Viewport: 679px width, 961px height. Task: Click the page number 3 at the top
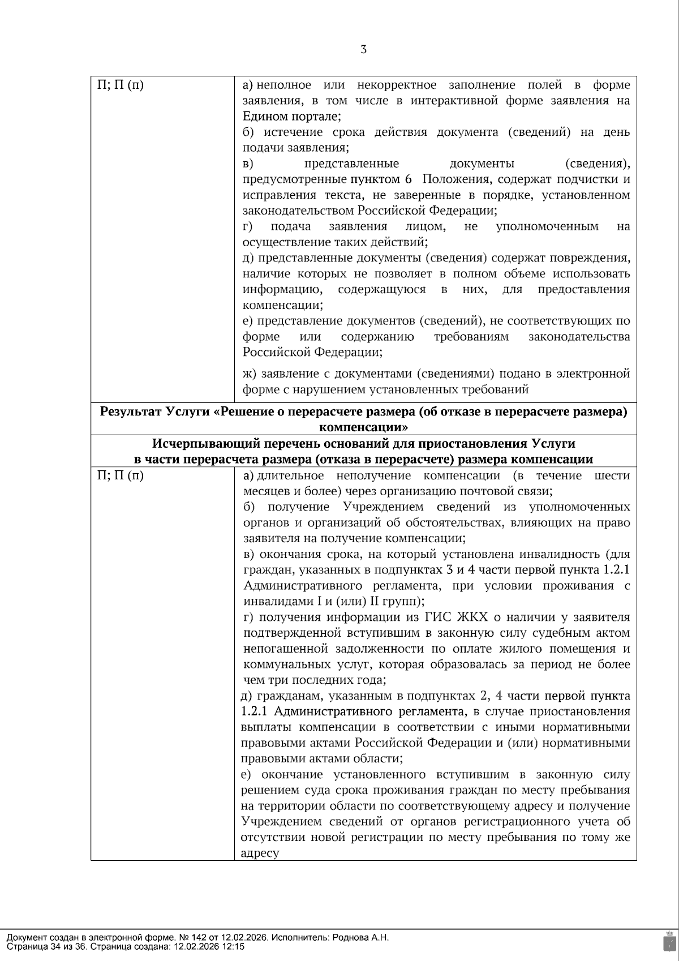(363, 50)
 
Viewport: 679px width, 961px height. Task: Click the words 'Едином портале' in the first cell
(290, 117)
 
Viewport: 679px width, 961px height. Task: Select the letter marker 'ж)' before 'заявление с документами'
(250, 374)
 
